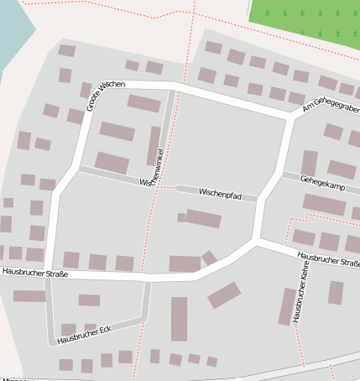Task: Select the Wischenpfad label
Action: (221, 194)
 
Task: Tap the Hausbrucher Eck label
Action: (84, 333)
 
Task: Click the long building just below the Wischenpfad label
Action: (202, 219)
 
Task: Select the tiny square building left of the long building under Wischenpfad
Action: (181, 217)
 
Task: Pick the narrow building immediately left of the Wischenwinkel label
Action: (154, 145)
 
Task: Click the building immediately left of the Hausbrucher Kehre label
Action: (287, 306)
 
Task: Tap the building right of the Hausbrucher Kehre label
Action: (336, 293)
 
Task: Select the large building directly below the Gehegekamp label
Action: (324, 204)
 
